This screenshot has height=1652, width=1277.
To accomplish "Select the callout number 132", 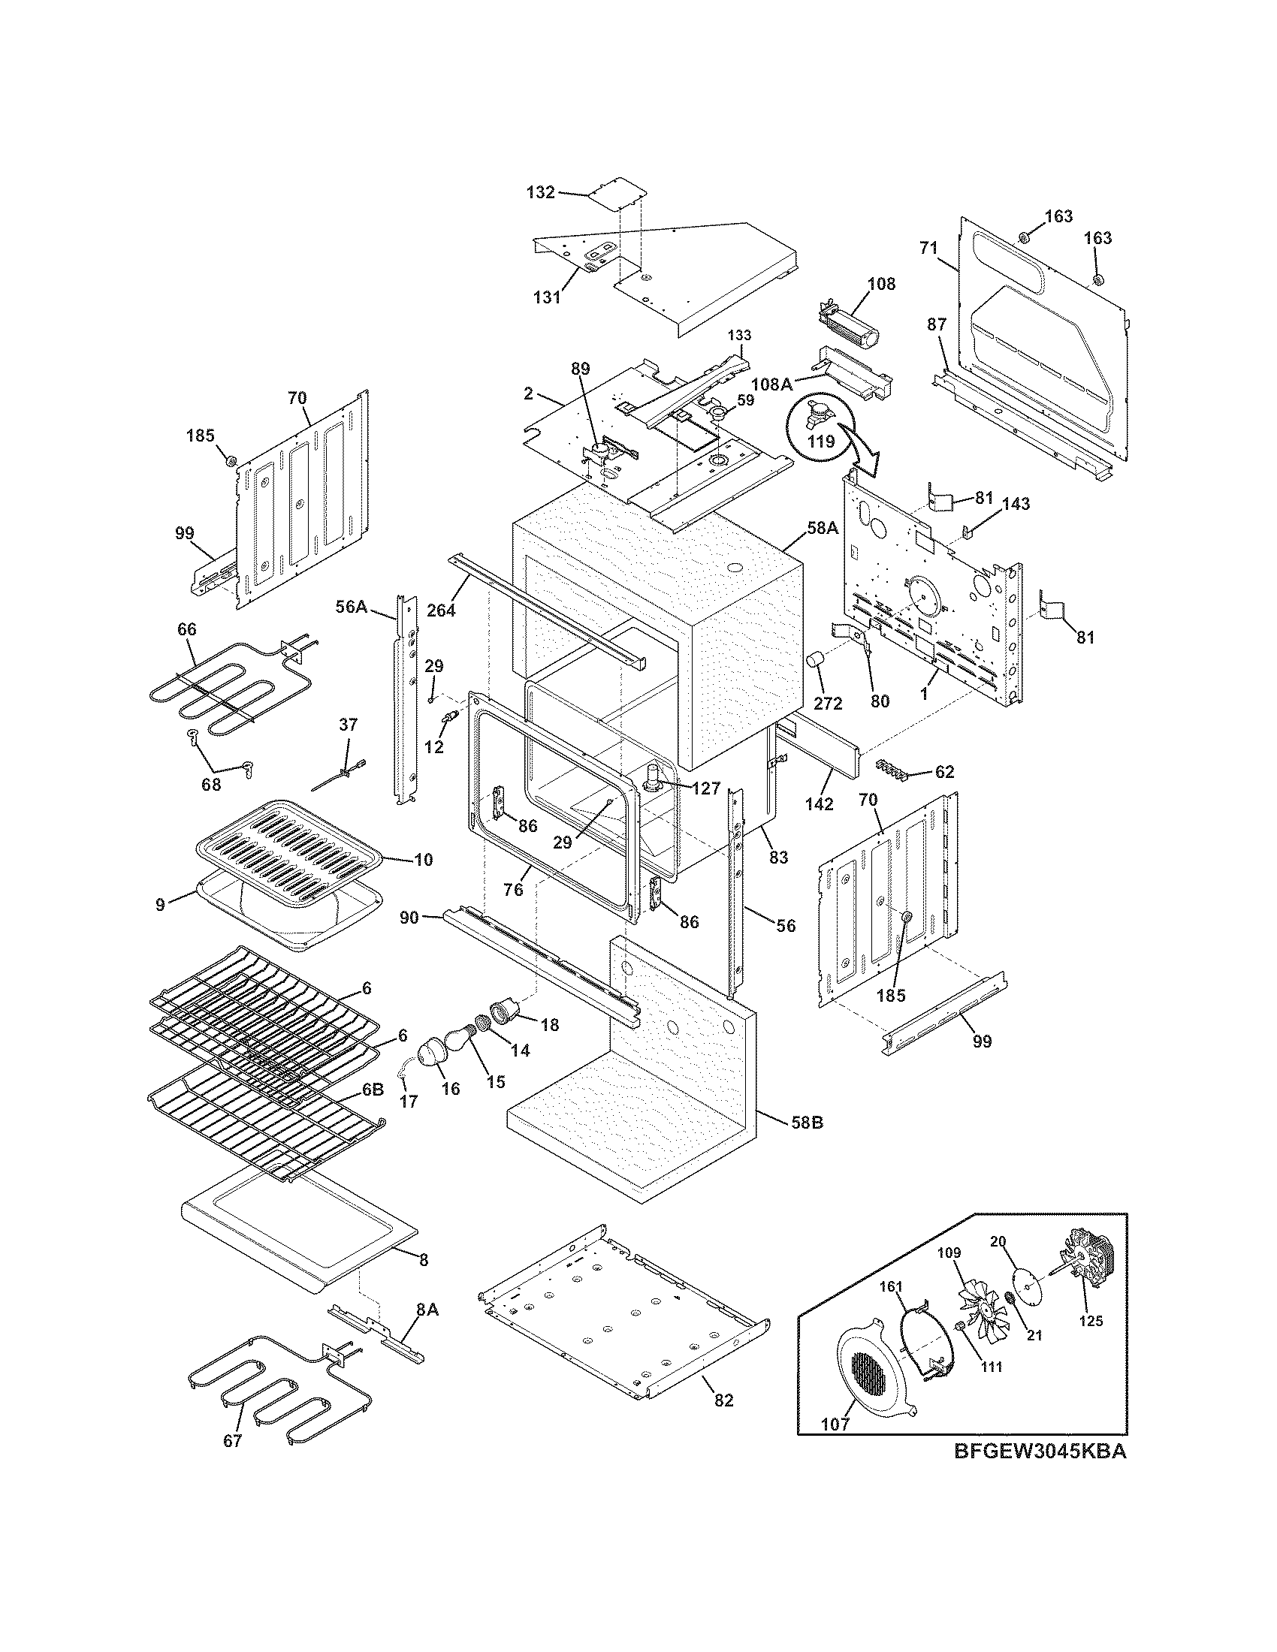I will tap(541, 192).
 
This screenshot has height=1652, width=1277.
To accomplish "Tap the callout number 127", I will tap(705, 788).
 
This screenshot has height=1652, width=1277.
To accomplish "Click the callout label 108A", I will tap(771, 384).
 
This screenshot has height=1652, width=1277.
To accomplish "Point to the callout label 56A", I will tap(351, 605).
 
